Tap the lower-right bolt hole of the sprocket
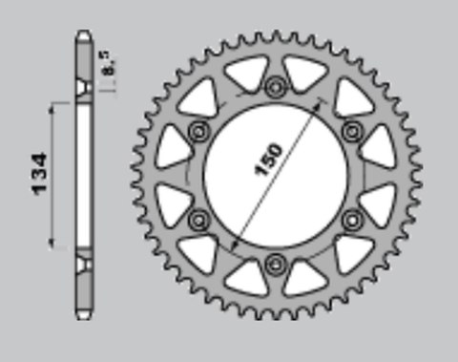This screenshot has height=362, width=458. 352,219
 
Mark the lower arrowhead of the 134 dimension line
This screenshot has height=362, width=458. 53,246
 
